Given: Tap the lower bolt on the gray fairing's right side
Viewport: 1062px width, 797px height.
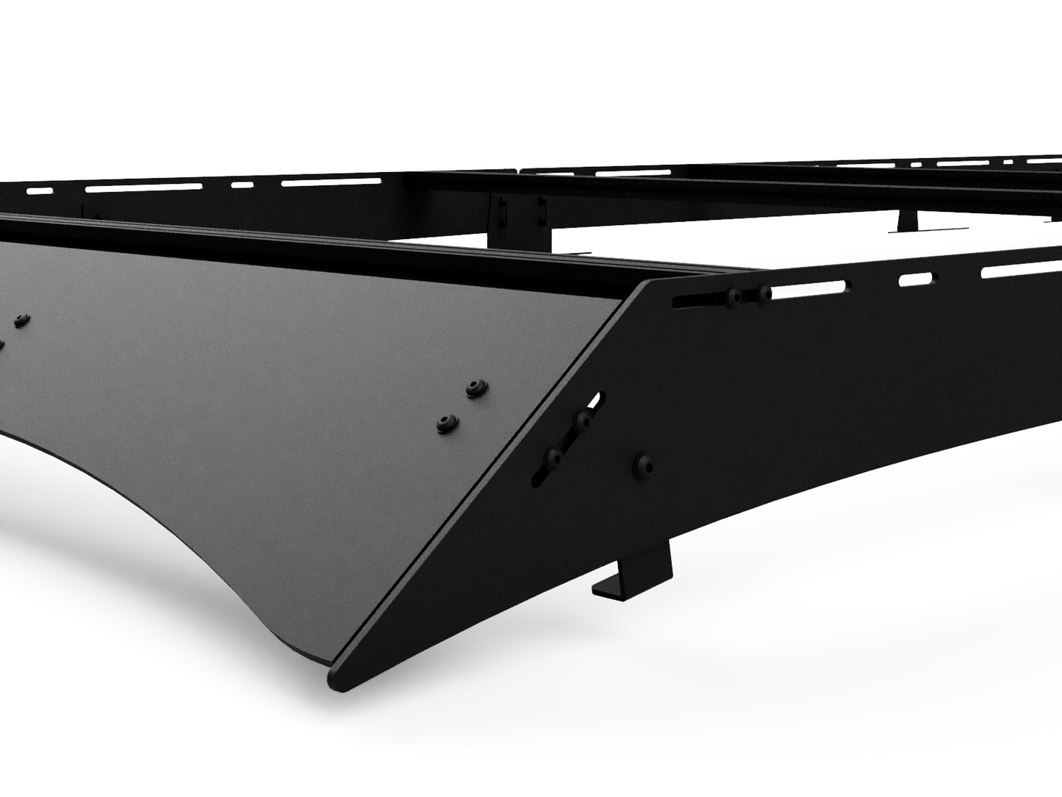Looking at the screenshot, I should tap(446, 423).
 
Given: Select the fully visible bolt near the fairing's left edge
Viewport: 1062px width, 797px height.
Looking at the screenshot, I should tap(21, 321).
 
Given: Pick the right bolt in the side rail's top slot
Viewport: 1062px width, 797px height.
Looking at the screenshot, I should tap(764, 294).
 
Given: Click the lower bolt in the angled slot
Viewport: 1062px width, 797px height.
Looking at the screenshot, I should tap(554, 459).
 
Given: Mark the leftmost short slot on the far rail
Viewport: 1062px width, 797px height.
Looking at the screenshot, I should tap(40, 191).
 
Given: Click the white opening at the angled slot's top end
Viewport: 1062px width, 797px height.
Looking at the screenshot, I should tap(598, 401).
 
